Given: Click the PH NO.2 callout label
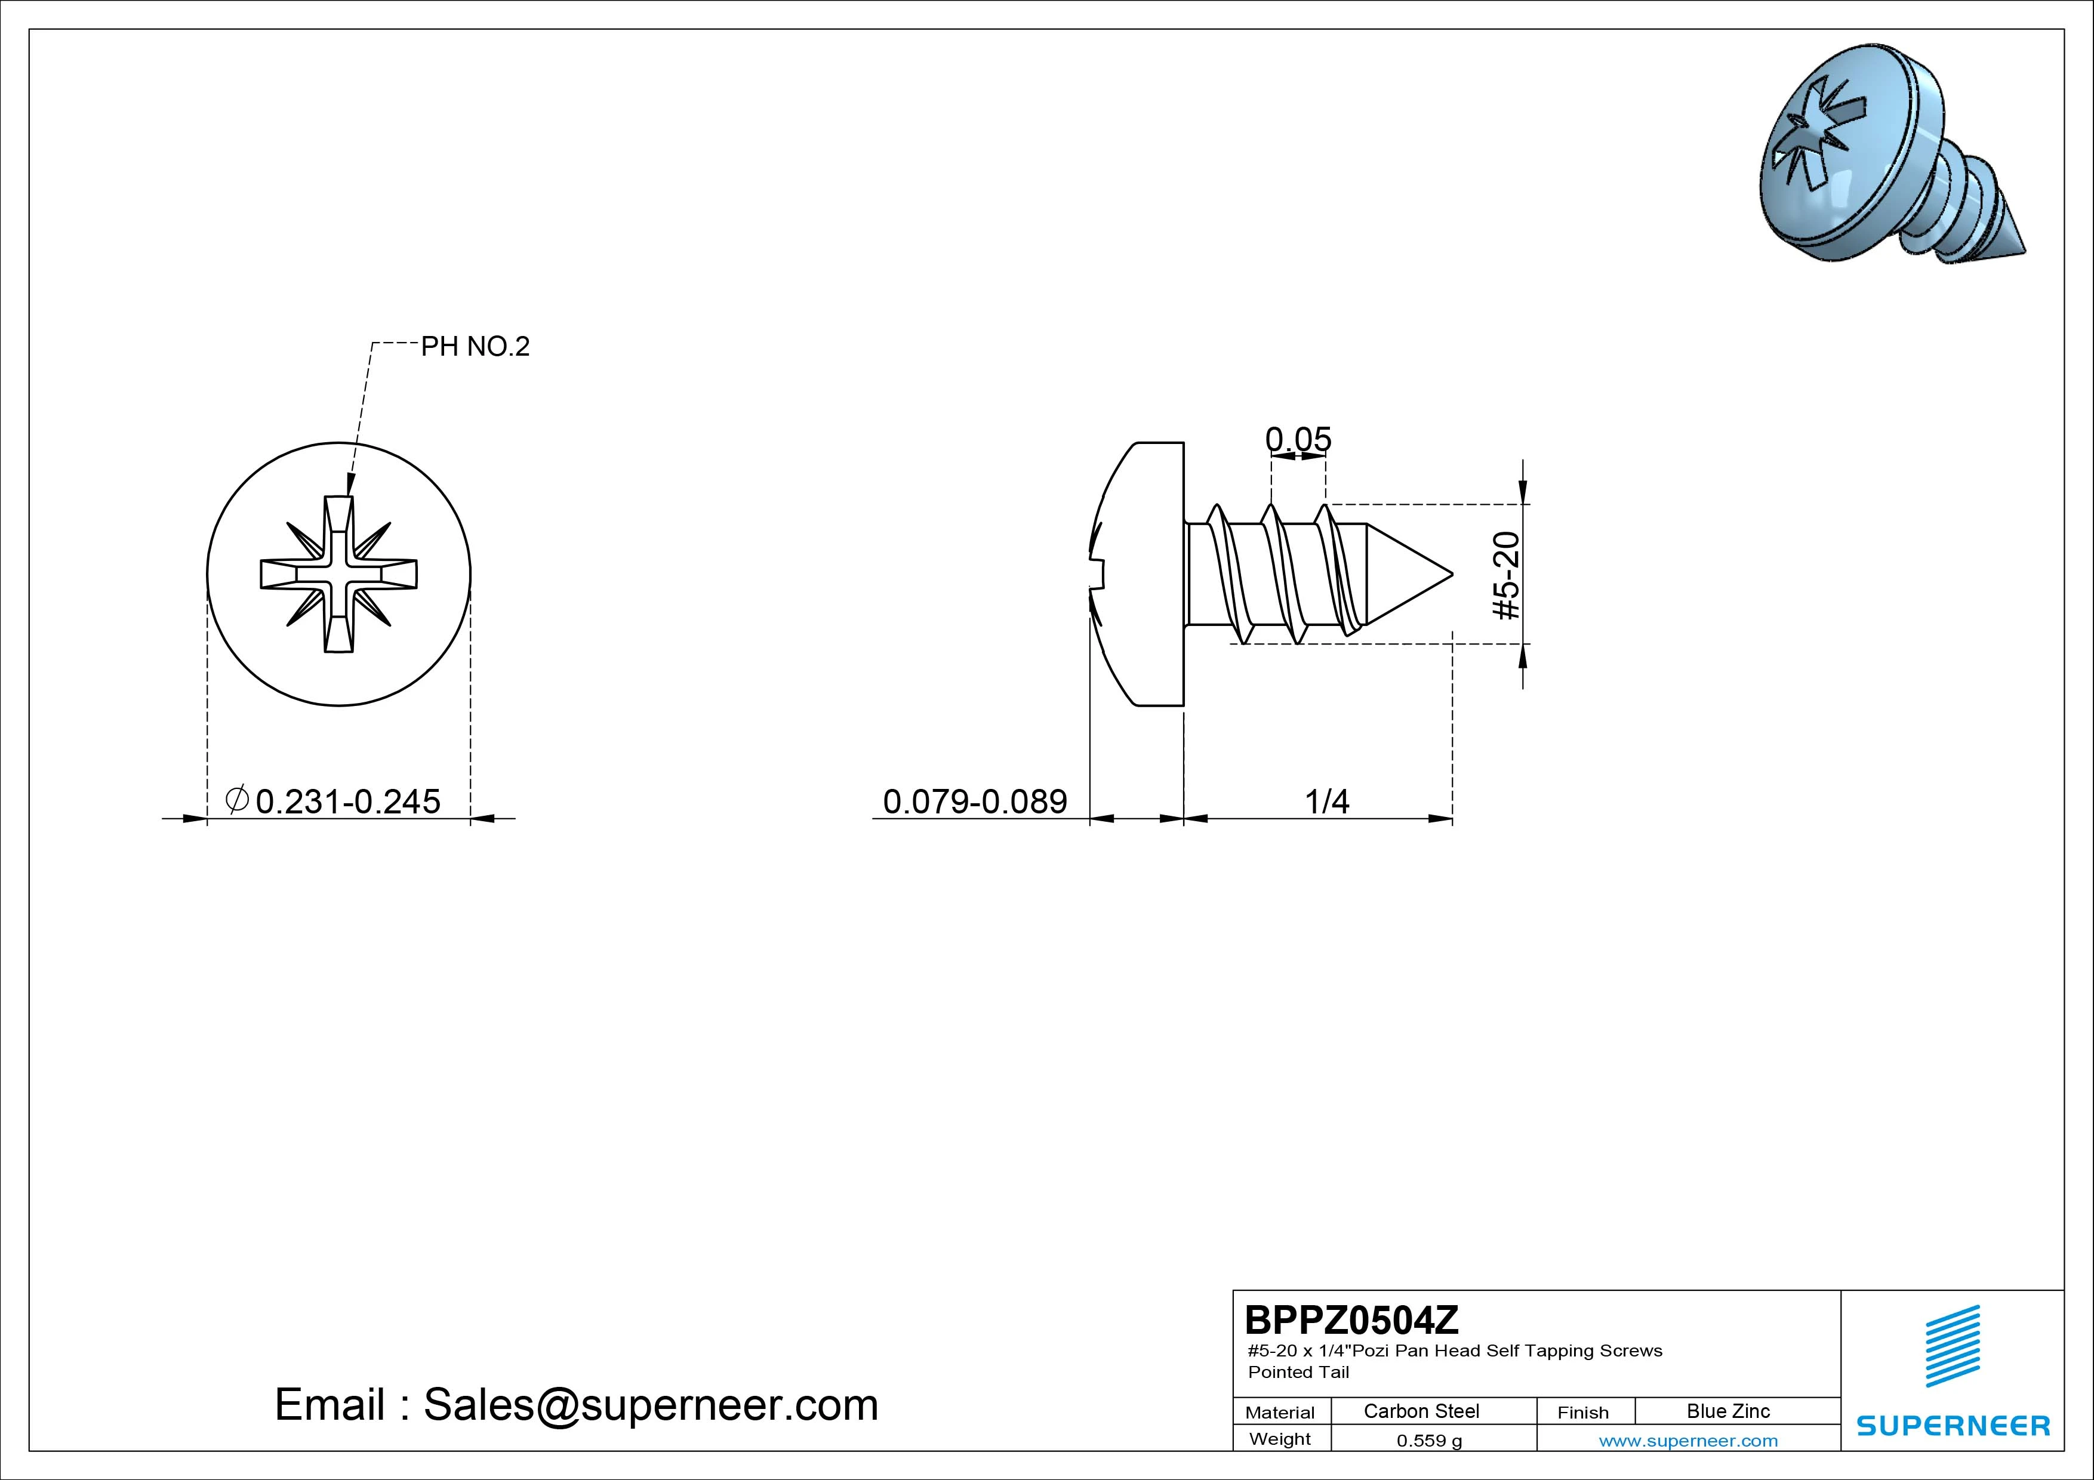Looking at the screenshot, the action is pyautogui.click(x=475, y=347).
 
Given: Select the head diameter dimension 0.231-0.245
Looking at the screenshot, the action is pyautogui.click(x=347, y=801).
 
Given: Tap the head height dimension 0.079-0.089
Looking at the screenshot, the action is pyautogui.click(x=975, y=801).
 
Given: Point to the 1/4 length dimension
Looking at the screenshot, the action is pyautogui.click(x=1327, y=801).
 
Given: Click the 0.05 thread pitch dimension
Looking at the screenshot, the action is pyautogui.click(x=1298, y=440).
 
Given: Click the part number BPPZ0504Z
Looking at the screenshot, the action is pyautogui.click(x=1351, y=1319).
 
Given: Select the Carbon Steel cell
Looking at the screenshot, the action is pyautogui.click(x=1421, y=1411).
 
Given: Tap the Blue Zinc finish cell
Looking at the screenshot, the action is pyautogui.click(x=1728, y=1411).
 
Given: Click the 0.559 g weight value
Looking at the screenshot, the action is pyautogui.click(x=1429, y=1441).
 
